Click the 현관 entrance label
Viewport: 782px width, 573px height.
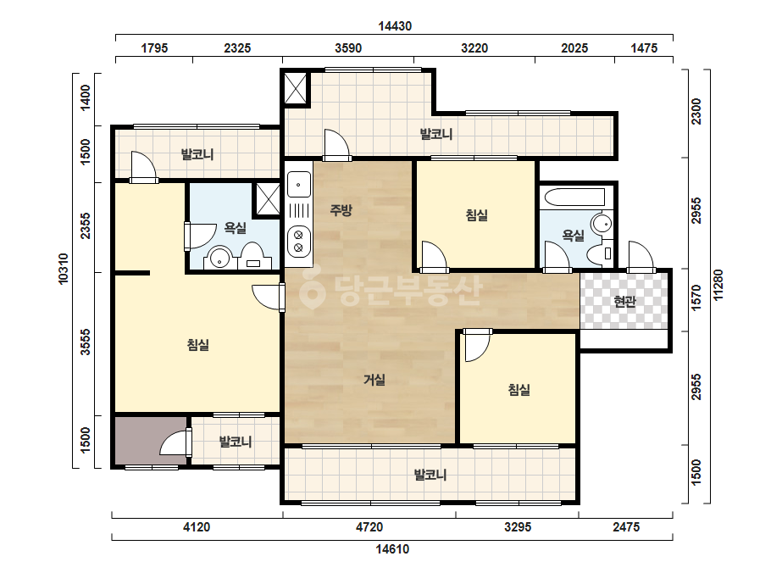tap(624, 302)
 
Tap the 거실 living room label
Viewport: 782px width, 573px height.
tap(374, 381)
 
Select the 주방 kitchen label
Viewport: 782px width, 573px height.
tap(341, 210)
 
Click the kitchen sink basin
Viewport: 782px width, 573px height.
tap(299, 185)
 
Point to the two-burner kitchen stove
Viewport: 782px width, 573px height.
tap(299, 241)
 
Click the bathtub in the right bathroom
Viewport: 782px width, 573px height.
tap(574, 197)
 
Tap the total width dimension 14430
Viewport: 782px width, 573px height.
tap(395, 26)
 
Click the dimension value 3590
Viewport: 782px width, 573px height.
tap(348, 48)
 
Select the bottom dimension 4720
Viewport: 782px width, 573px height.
tap(369, 526)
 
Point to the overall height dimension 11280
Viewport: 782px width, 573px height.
tap(718, 285)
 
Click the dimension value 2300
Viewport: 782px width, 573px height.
tap(696, 112)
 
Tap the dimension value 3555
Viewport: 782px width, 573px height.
tap(86, 342)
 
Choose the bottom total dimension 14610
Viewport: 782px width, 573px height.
tap(392, 549)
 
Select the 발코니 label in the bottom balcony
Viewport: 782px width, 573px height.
tap(430, 475)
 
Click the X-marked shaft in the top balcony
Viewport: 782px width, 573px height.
tap(296, 88)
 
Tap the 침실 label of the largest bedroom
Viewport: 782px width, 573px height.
tap(198, 345)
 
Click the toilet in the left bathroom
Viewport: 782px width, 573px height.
tap(252, 256)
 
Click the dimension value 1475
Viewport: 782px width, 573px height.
tap(644, 48)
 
